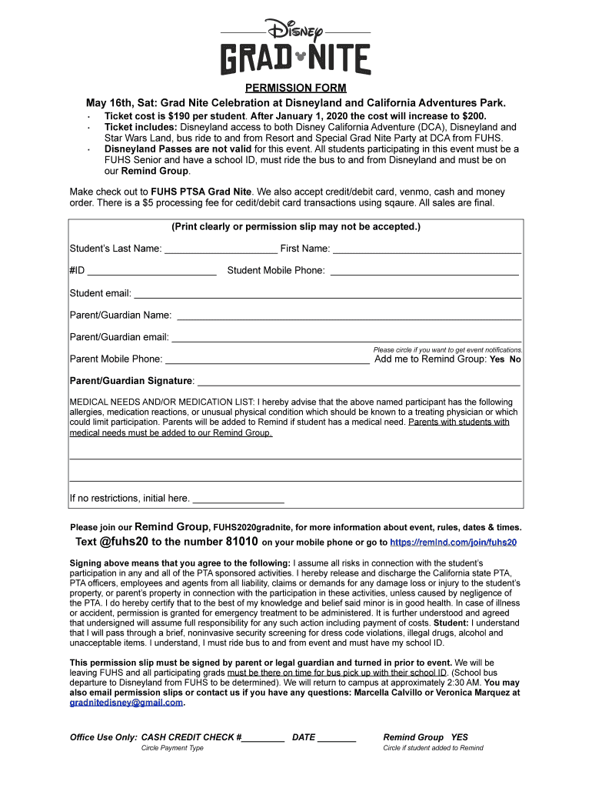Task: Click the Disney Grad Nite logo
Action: [x=296, y=48]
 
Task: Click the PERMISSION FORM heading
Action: [x=296, y=88]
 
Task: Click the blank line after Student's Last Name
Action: [x=221, y=249]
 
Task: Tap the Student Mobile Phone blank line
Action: [x=424, y=272]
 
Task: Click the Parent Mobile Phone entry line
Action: [x=268, y=360]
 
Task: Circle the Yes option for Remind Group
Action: [x=497, y=359]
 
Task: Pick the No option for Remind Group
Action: [x=515, y=359]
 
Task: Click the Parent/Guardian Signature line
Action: [x=359, y=382]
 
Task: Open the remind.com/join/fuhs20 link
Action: [x=454, y=543]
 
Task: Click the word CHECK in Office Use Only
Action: [x=219, y=737]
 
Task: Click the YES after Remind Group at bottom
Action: [x=460, y=737]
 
